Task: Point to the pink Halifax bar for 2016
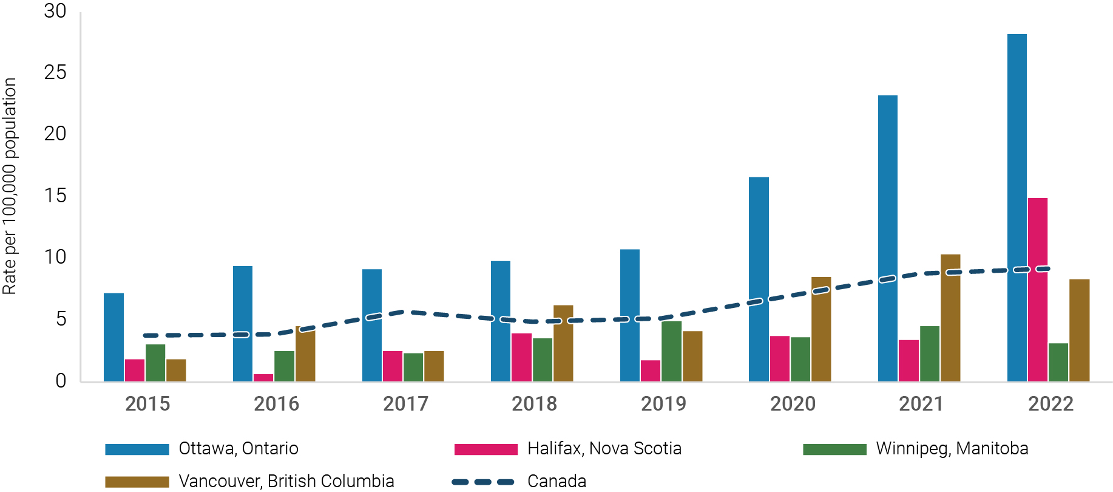[263, 378]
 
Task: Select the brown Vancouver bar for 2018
[563, 343]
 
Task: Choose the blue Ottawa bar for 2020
[759, 279]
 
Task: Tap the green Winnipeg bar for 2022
[1058, 362]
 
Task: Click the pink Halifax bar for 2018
[522, 357]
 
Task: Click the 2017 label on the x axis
[405, 404]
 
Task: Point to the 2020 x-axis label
[793, 404]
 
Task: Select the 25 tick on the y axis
[55, 73]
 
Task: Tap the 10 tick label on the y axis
[55, 258]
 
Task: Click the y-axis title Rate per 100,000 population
[10, 186]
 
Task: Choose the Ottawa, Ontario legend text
[238, 449]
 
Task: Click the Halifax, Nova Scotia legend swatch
[485, 449]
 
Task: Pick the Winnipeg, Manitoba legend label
[952, 449]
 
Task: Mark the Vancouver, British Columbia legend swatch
[137, 482]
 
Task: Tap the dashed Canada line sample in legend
[483, 482]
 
